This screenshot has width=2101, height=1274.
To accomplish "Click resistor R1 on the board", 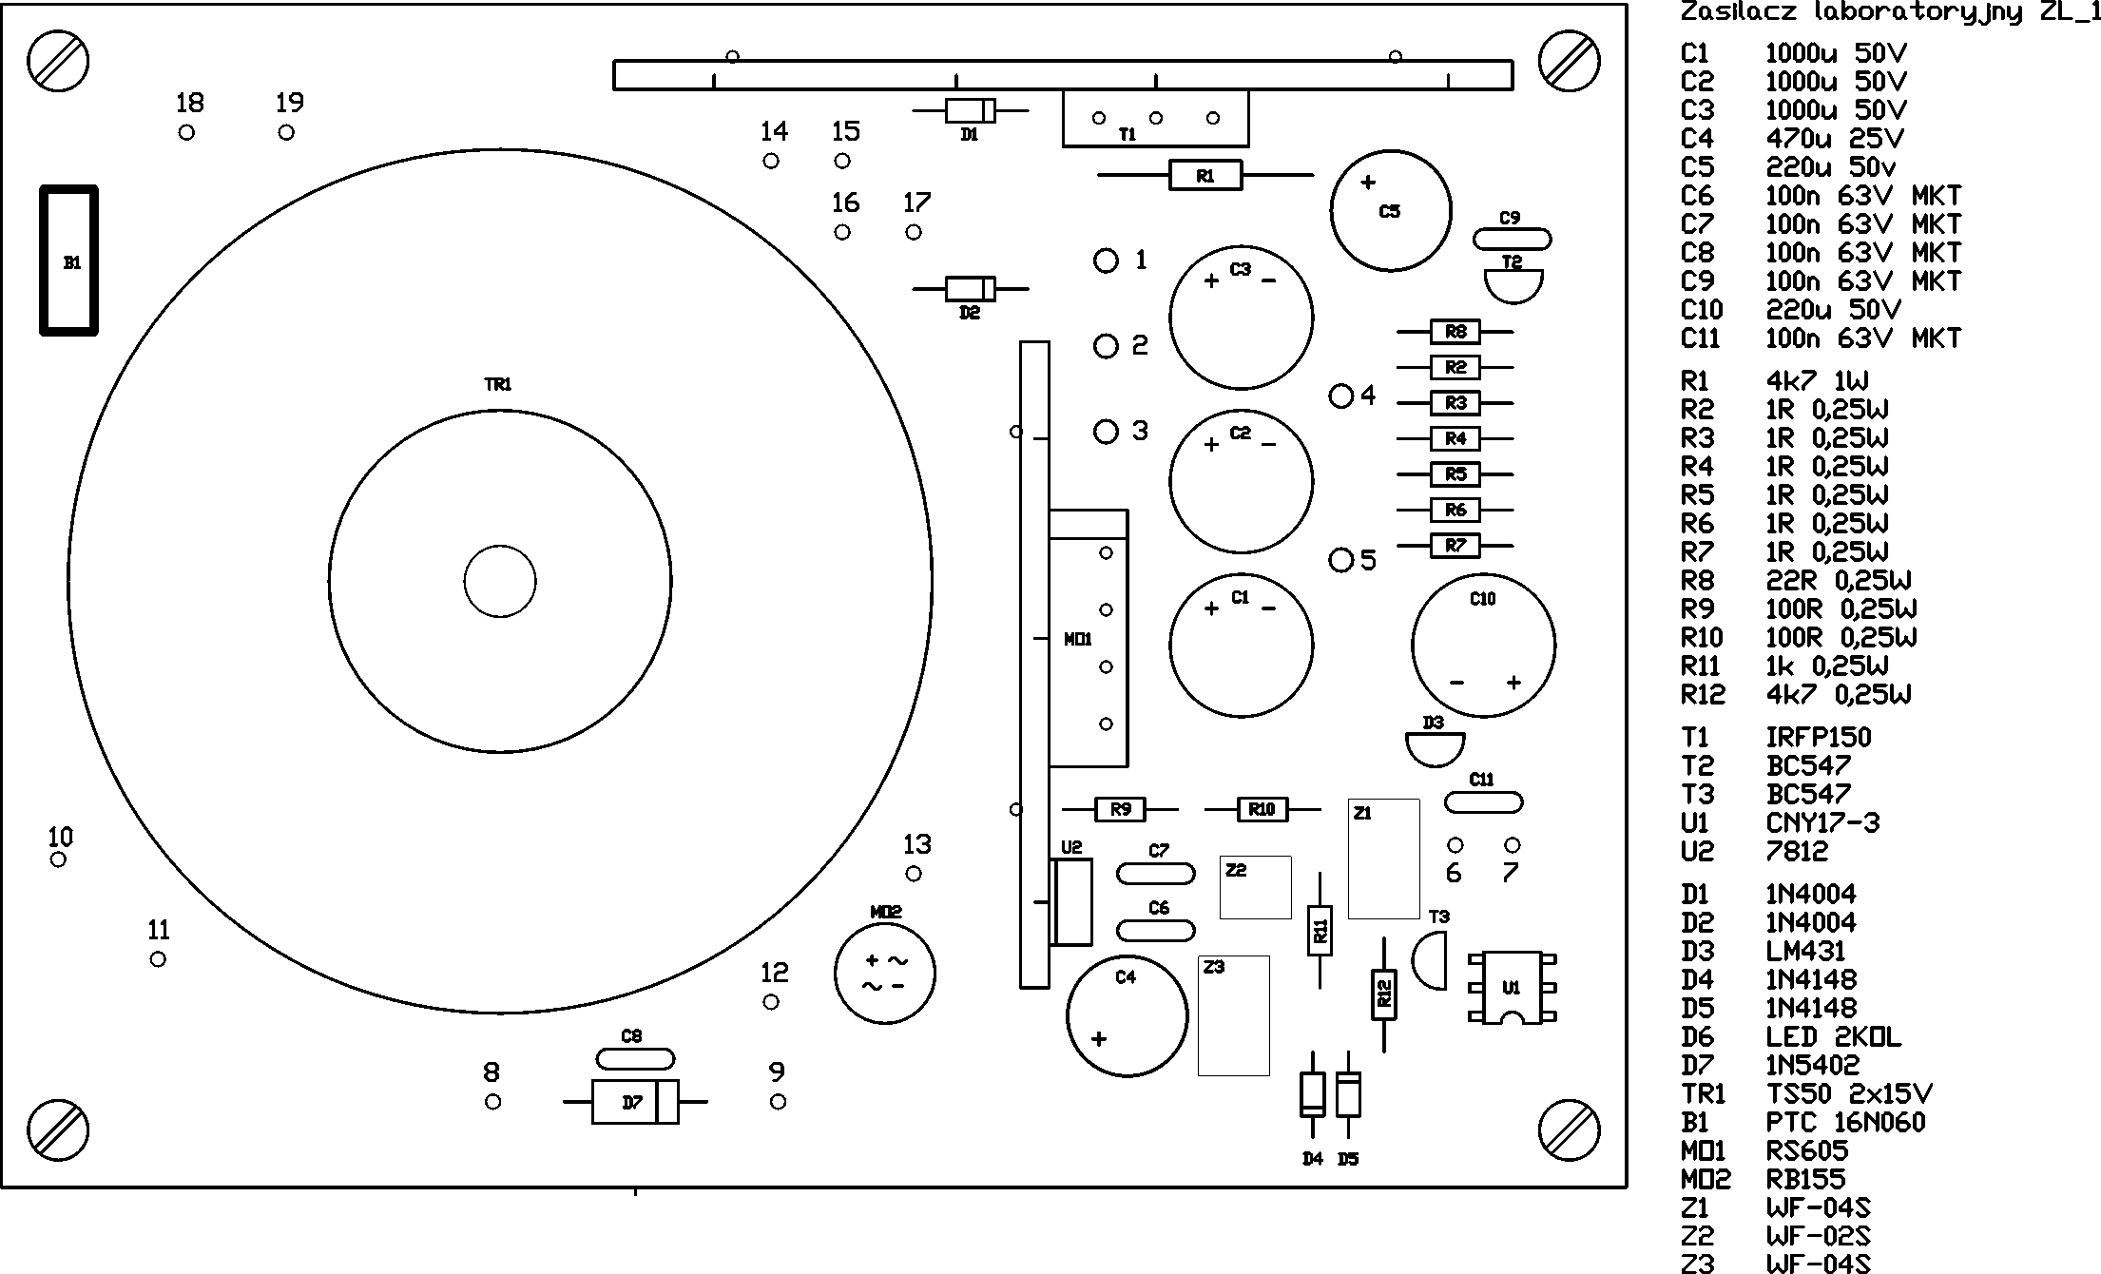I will point(1205,176).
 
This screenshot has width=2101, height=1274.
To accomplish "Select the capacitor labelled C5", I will point(1391,211).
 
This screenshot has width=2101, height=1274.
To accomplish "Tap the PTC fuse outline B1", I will point(69,261).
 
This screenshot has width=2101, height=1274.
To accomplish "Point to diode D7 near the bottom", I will point(634,1102).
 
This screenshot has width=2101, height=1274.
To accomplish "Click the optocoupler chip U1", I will point(1512,988).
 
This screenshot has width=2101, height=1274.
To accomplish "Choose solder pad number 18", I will point(186,132).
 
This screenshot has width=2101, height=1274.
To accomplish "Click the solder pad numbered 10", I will point(59,859).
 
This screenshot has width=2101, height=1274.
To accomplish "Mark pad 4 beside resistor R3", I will point(1340,396).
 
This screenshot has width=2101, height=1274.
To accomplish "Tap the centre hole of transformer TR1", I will point(500,581).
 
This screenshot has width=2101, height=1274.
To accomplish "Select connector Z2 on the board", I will point(1255,887).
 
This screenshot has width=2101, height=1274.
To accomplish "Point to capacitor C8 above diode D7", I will point(634,1058).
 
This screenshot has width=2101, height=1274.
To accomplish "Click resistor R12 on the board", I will point(1384,994).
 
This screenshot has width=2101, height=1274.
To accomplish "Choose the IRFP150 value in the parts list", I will point(1818,738).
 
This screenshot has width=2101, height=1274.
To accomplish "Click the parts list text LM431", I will point(1805,952).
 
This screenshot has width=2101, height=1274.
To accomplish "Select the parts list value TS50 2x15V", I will point(1848,1094).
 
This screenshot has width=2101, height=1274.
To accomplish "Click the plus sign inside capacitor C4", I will point(1099,1039).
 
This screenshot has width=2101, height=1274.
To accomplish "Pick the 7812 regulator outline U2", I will point(1073,901).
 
